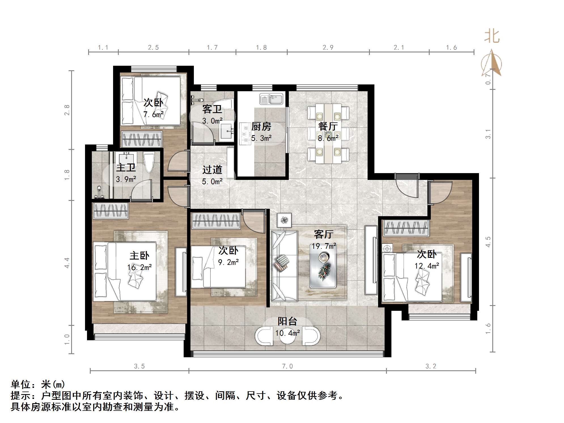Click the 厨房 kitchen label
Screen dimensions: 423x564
261,126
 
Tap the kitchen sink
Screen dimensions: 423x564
271,99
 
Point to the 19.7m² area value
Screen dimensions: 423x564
324,246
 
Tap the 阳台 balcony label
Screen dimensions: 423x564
287,321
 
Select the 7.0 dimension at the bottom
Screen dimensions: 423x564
287,366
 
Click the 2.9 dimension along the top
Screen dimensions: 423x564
328,47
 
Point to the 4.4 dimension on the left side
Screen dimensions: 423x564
67,263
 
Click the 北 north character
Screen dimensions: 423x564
492,37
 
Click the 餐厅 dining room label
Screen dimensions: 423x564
328,126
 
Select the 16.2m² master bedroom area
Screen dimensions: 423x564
139,267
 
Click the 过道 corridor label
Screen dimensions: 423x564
212,170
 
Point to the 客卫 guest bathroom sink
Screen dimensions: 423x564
227,131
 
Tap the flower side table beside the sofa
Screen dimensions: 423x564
284,220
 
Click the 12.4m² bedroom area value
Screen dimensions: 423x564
427,266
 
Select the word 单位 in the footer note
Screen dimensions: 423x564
20,384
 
